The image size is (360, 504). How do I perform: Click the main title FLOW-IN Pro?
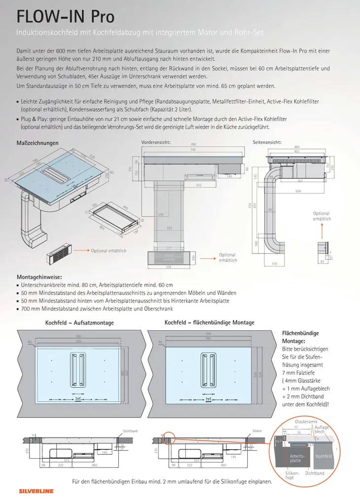[65, 16]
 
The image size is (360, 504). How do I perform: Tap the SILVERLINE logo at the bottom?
[36, 491]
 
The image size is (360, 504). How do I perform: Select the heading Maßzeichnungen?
[37, 143]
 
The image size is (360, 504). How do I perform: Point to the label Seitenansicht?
[267, 142]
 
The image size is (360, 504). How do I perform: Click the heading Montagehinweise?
[40, 277]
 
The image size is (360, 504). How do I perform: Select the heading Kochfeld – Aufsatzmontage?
[79, 323]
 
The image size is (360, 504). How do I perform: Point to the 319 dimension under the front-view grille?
[168, 267]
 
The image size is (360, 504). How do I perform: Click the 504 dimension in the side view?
[297, 191]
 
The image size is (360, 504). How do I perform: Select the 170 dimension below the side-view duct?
[274, 264]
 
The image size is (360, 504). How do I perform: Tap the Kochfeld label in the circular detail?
[324, 456]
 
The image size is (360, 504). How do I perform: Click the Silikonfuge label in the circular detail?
[292, 475]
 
